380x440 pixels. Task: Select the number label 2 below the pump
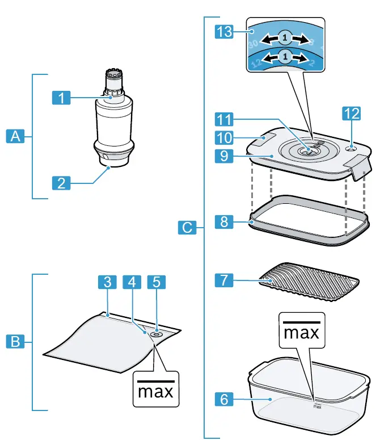pos(62,183)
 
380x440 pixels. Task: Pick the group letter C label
pos(187,228)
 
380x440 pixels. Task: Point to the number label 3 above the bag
pos(107,282)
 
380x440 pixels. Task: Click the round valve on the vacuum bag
pos(155,336)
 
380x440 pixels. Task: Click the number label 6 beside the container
pos(225,400)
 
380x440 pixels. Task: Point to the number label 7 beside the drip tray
pos(225,279)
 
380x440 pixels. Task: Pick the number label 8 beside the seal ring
pos(225,221)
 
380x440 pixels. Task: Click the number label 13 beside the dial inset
pos(225,32)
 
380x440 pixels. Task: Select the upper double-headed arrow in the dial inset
pos(286,37)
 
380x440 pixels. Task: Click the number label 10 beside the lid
pos(225,137)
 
